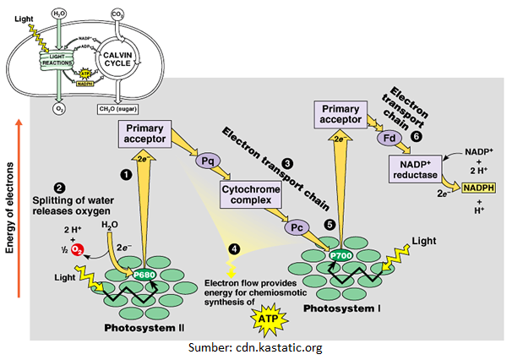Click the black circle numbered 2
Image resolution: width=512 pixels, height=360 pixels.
[x=58, y=188]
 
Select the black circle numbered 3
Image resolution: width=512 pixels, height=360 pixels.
[x=287, y=163]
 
